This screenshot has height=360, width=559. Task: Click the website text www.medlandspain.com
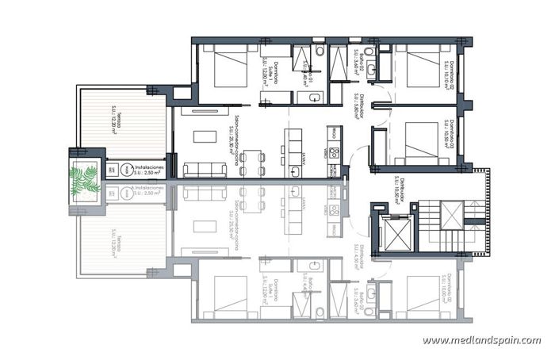481,341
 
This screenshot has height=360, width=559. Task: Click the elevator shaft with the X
392,232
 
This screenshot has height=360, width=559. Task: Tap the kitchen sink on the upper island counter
295,170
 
